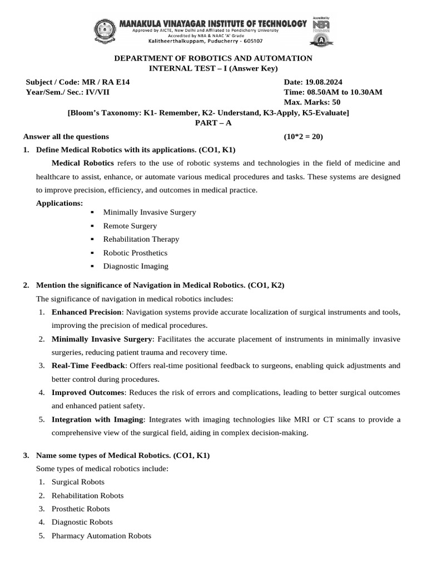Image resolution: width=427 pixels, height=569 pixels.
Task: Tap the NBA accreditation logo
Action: (x=321, y=25)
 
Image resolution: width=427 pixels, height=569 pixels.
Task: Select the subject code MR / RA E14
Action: (x=104, y=82)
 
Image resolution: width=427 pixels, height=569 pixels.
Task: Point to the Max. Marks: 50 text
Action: (x=312, y=102)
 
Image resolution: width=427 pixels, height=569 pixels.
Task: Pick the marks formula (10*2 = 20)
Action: (x=303, y=136)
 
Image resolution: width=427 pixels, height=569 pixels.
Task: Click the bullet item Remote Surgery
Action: (x=130, y=226)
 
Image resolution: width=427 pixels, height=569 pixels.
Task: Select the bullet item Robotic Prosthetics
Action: (x=135, y=253)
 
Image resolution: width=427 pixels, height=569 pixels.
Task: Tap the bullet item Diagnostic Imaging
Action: (x=136, y=266)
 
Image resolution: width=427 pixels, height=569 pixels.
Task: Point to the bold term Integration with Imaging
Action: (x=98, y=419)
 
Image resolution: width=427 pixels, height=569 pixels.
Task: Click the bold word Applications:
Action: (x=59, y=203)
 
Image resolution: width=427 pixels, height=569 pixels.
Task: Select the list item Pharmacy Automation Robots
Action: (x=101, y=536)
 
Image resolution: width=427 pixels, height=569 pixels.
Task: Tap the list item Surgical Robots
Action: (x=78, y=482)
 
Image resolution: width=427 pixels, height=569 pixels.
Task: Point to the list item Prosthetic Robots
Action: (x=81, y=509)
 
